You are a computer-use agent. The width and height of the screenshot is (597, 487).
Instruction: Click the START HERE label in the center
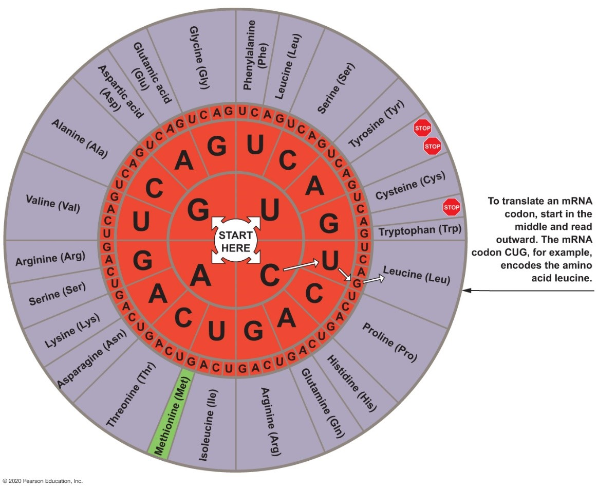(236, 242)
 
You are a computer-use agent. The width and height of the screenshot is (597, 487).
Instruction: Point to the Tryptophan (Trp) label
(420, 231)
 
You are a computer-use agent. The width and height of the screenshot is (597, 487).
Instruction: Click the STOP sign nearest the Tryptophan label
(451, 207)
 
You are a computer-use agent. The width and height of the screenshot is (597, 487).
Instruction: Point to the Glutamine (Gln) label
(322, 402)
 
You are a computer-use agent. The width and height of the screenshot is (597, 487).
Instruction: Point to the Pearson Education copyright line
(42, 481)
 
